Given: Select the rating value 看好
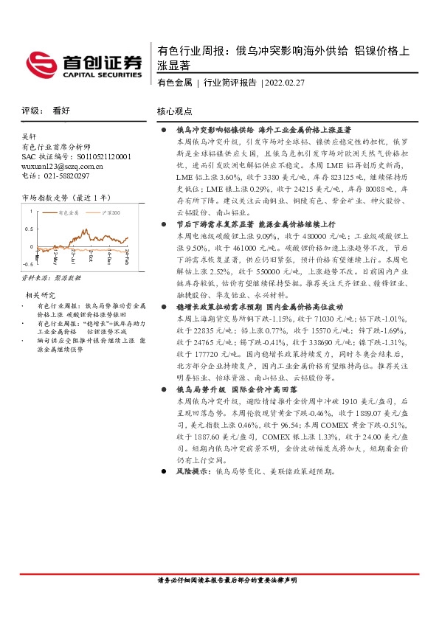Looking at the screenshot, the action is pos(61,111).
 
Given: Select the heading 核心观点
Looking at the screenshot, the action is pos(175,111).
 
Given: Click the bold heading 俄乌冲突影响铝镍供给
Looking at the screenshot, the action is pos(215,129).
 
